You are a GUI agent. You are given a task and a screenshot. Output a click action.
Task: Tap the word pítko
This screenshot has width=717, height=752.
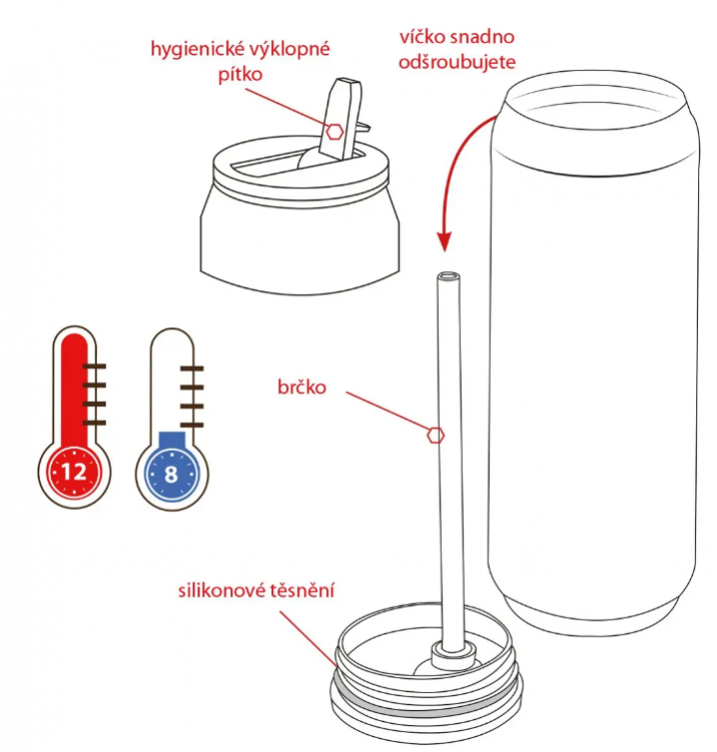click(x=240, y=75)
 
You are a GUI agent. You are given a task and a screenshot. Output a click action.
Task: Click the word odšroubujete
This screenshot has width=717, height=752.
click(x=457, y=63)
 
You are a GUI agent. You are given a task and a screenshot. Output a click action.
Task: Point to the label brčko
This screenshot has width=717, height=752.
click(x=302, y=387)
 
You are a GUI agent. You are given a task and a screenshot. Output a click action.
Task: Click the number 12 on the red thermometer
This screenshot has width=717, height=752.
click(x=74, y=473)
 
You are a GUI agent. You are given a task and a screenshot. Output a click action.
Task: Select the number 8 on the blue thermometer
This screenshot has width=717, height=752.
click(x=172, y=475)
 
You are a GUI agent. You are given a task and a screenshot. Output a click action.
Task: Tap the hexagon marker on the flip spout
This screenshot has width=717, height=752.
click(x=335, y=132)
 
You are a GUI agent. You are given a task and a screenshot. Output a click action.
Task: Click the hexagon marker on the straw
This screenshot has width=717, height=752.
click(x=436, y=435)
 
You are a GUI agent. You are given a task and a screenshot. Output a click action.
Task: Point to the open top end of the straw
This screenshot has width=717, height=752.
click(x=449, y=276)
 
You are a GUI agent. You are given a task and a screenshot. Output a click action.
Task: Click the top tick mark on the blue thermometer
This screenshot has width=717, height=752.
click(x=191, y=368)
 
